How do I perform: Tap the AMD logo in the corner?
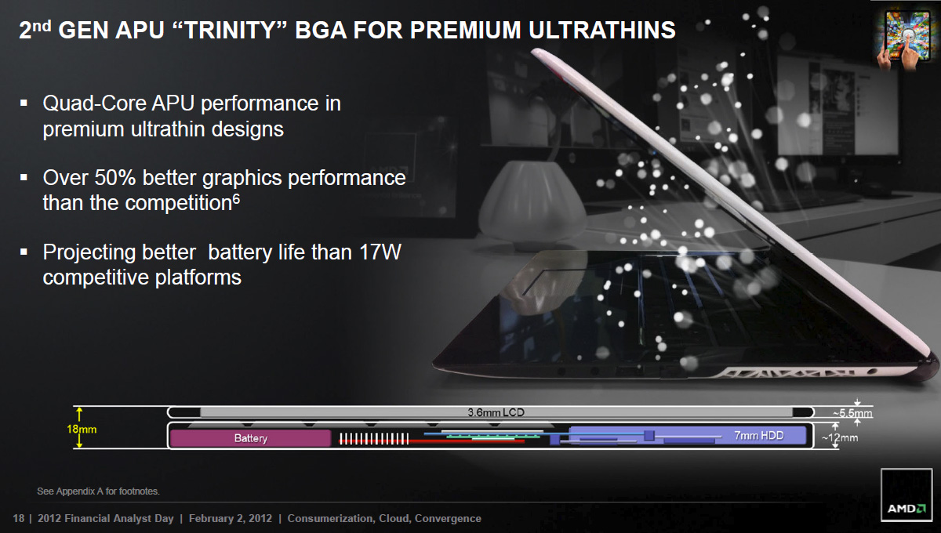[906, 495]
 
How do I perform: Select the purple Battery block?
[250, 438]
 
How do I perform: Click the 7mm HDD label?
[759, 436]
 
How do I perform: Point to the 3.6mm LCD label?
[496, 412]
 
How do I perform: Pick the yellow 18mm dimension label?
[82, 430]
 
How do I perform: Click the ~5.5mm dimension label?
[852, 413]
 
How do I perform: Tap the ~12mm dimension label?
[840, 437]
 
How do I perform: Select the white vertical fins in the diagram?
[374, 439]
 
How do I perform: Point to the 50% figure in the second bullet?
[114, 178]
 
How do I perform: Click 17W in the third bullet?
[380, 252]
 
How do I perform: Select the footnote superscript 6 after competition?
[237, 198]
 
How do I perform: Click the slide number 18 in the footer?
[19, 518]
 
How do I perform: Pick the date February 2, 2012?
[231, 518]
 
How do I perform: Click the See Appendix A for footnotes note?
[98, 491]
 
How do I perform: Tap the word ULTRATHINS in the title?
[602, 31]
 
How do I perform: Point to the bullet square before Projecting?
[24, 252]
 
